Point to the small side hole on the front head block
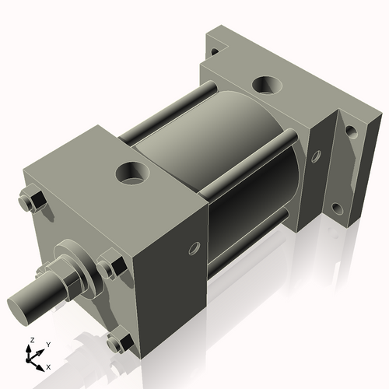coord(193,248)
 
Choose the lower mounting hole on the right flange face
coord(338,209)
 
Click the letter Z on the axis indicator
coord(31,341)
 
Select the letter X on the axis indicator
coord(48,366)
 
